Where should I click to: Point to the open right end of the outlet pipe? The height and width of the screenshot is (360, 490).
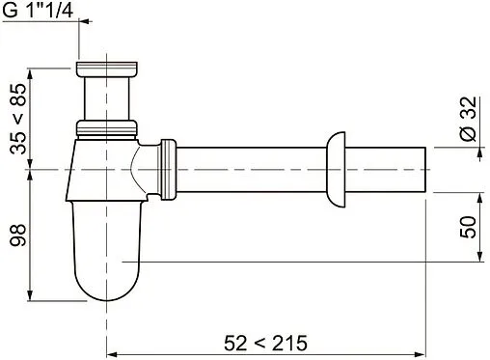[x=426, y=169]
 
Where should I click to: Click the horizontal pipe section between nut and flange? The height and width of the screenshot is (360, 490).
[x=251, y=169]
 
